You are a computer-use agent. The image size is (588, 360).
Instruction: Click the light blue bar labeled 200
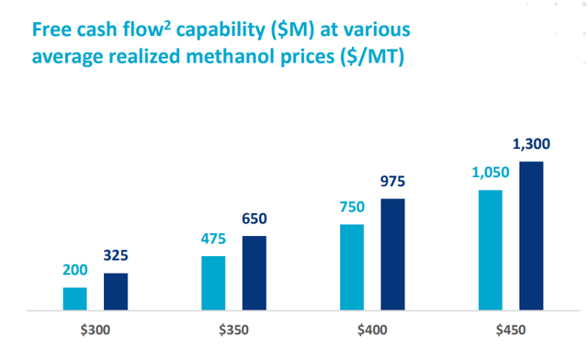[x=74, y=299]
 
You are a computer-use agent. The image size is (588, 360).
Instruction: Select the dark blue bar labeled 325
[x=116, y=292]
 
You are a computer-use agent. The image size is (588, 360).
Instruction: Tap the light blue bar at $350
[x=213, y=283]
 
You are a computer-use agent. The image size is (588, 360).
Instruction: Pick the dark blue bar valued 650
[x=254, y=274]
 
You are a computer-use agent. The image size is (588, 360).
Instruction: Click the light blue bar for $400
[x=352, y=267]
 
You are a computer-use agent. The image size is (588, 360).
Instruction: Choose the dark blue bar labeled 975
[x=393, y=254]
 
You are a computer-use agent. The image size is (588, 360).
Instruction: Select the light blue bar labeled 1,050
[x=491, y=251]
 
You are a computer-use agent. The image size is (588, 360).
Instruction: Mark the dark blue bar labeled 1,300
[x=531, y=236]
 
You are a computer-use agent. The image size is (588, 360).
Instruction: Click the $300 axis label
[x=95, y=330]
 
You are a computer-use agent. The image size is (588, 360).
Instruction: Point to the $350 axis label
[x=233, y=330]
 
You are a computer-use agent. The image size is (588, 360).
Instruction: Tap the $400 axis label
[x=372, y=330]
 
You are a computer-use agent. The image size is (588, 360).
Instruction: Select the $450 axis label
[x=511, y=330]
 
